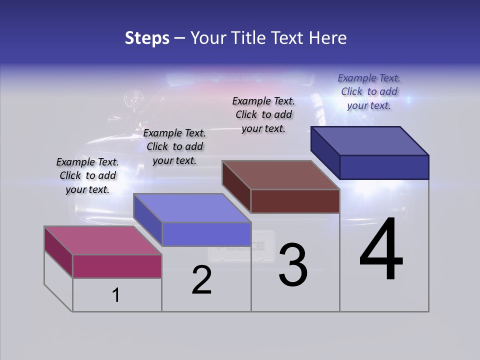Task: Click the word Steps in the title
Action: pos(147,38)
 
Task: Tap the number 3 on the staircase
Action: pos(293,264)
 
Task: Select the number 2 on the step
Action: pos(202,280)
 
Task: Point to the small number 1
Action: pos(116,295)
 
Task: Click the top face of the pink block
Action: pos(102,240)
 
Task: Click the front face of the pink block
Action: pos(117,266)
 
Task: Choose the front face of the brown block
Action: pos(295,201)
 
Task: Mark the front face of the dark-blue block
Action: pos(384,167)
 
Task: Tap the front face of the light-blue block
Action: pos(206,234)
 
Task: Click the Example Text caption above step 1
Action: pos(87,175)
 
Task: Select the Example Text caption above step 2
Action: pos(174,146)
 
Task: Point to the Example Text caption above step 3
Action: pos(263,114)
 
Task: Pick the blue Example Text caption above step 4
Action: pos(369,91)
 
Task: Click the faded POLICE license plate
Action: pos(242,246)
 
